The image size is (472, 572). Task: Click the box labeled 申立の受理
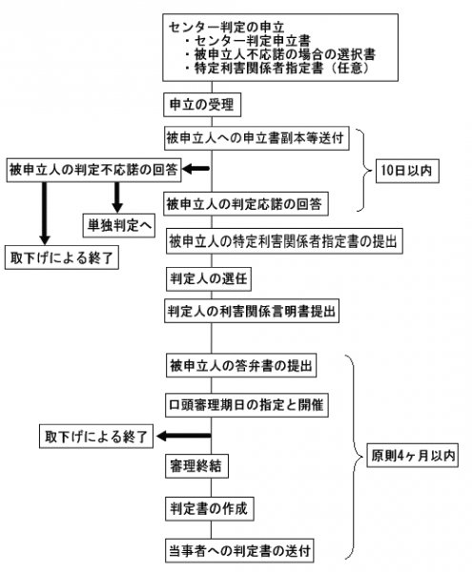[202, 105]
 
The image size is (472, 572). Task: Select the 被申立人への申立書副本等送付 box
[257, 138]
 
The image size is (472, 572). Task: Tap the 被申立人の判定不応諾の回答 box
[94, 170]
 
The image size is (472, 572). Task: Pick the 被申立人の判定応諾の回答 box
[246, 204]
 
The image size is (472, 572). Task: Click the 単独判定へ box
[119, 225]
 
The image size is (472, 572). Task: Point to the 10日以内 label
[407, 171]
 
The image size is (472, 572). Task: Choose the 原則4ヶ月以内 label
[412, 456]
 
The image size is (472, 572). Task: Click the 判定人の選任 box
[209, 279]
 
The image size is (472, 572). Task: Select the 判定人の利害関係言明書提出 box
[252, 311]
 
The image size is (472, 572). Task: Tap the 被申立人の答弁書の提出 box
[241, 365]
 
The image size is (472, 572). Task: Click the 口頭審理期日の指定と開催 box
[247, 405]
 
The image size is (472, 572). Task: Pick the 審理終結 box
[196, 466]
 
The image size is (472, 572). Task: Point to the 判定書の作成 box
[210, 508]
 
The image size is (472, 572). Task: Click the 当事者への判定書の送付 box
[239, 550]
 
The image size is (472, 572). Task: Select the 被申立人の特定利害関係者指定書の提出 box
[284, 241]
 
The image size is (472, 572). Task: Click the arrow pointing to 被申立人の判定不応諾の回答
[195, 169]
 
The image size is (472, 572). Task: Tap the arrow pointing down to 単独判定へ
[117, 197]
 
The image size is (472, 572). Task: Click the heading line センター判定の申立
[226, 28]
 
